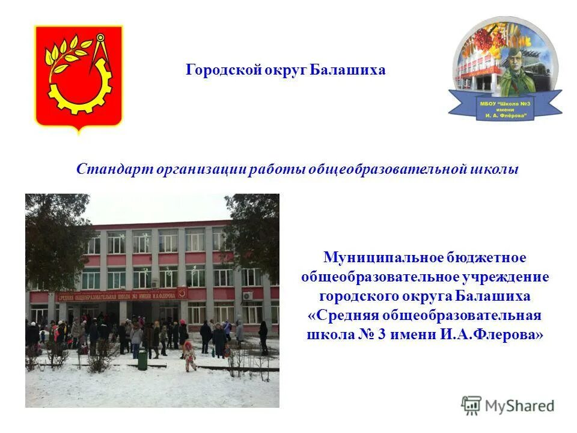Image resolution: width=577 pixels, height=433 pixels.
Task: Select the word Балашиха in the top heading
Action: tap(348, 70)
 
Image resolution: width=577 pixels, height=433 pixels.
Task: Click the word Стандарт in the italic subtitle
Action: tap(114, 170)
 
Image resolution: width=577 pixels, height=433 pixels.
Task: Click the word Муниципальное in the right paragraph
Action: tap(383, 258)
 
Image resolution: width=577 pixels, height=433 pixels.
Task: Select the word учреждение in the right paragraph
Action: tap(506, 277)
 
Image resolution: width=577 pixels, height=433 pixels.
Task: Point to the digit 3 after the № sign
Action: tap(382, 335)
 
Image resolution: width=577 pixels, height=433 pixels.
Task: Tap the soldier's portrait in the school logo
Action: tap(516, 66)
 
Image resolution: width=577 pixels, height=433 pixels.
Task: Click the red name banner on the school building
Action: tap(121, 296)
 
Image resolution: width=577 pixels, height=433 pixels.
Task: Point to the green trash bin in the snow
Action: tap(142, 360)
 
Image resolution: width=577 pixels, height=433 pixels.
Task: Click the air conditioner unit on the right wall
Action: tap(248, 296)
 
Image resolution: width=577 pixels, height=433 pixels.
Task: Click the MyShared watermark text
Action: tap(519, 406)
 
